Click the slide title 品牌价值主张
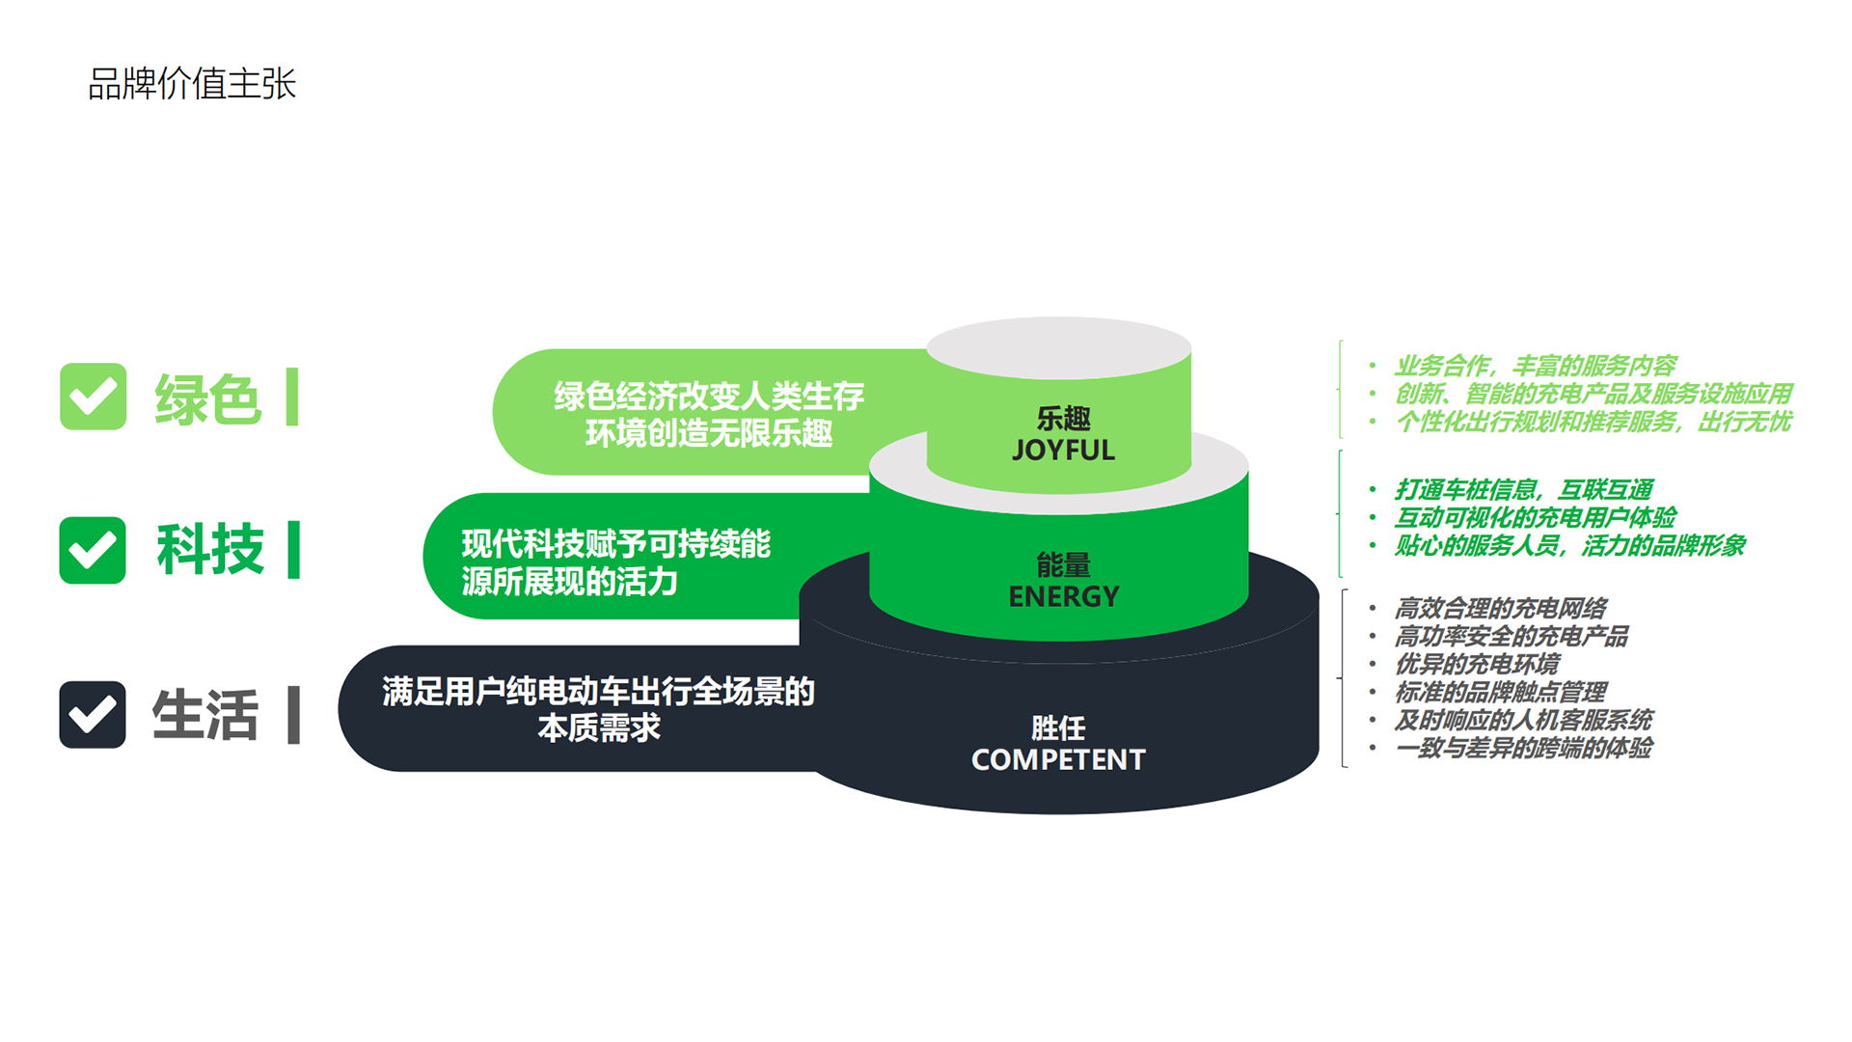(192, 84)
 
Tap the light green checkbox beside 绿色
(93, 397)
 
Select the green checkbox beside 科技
(93, 550)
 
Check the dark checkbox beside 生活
(93, 715)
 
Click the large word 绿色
(207, 398)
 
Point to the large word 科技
(209, 550)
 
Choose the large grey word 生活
(205, 715)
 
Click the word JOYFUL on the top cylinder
(1063, 451)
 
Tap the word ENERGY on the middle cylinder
(1064, 597)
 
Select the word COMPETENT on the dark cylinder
(1058, 760)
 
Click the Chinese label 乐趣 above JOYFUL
(1063, 419)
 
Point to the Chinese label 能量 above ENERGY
(1063, 565)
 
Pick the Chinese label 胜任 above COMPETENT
(1058, 728)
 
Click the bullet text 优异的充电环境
(1477, 665)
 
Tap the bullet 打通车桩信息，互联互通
(1524, 490)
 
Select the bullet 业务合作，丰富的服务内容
(1536, 367)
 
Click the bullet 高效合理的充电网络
(1501, 609)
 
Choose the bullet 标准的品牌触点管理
(1501, 693)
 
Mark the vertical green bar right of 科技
(293, 550)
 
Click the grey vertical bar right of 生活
(293, 715)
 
